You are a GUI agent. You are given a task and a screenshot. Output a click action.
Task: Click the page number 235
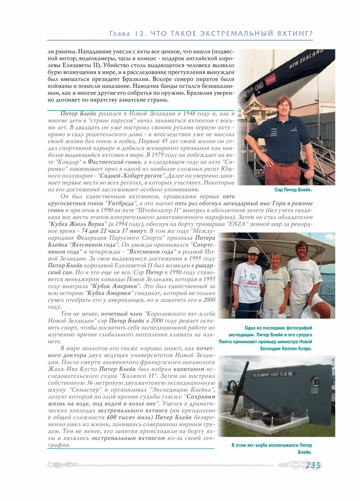313,466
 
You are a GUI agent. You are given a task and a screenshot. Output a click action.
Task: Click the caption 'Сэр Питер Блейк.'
294,191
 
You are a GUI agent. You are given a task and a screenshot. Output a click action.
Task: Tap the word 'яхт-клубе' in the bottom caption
261,445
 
